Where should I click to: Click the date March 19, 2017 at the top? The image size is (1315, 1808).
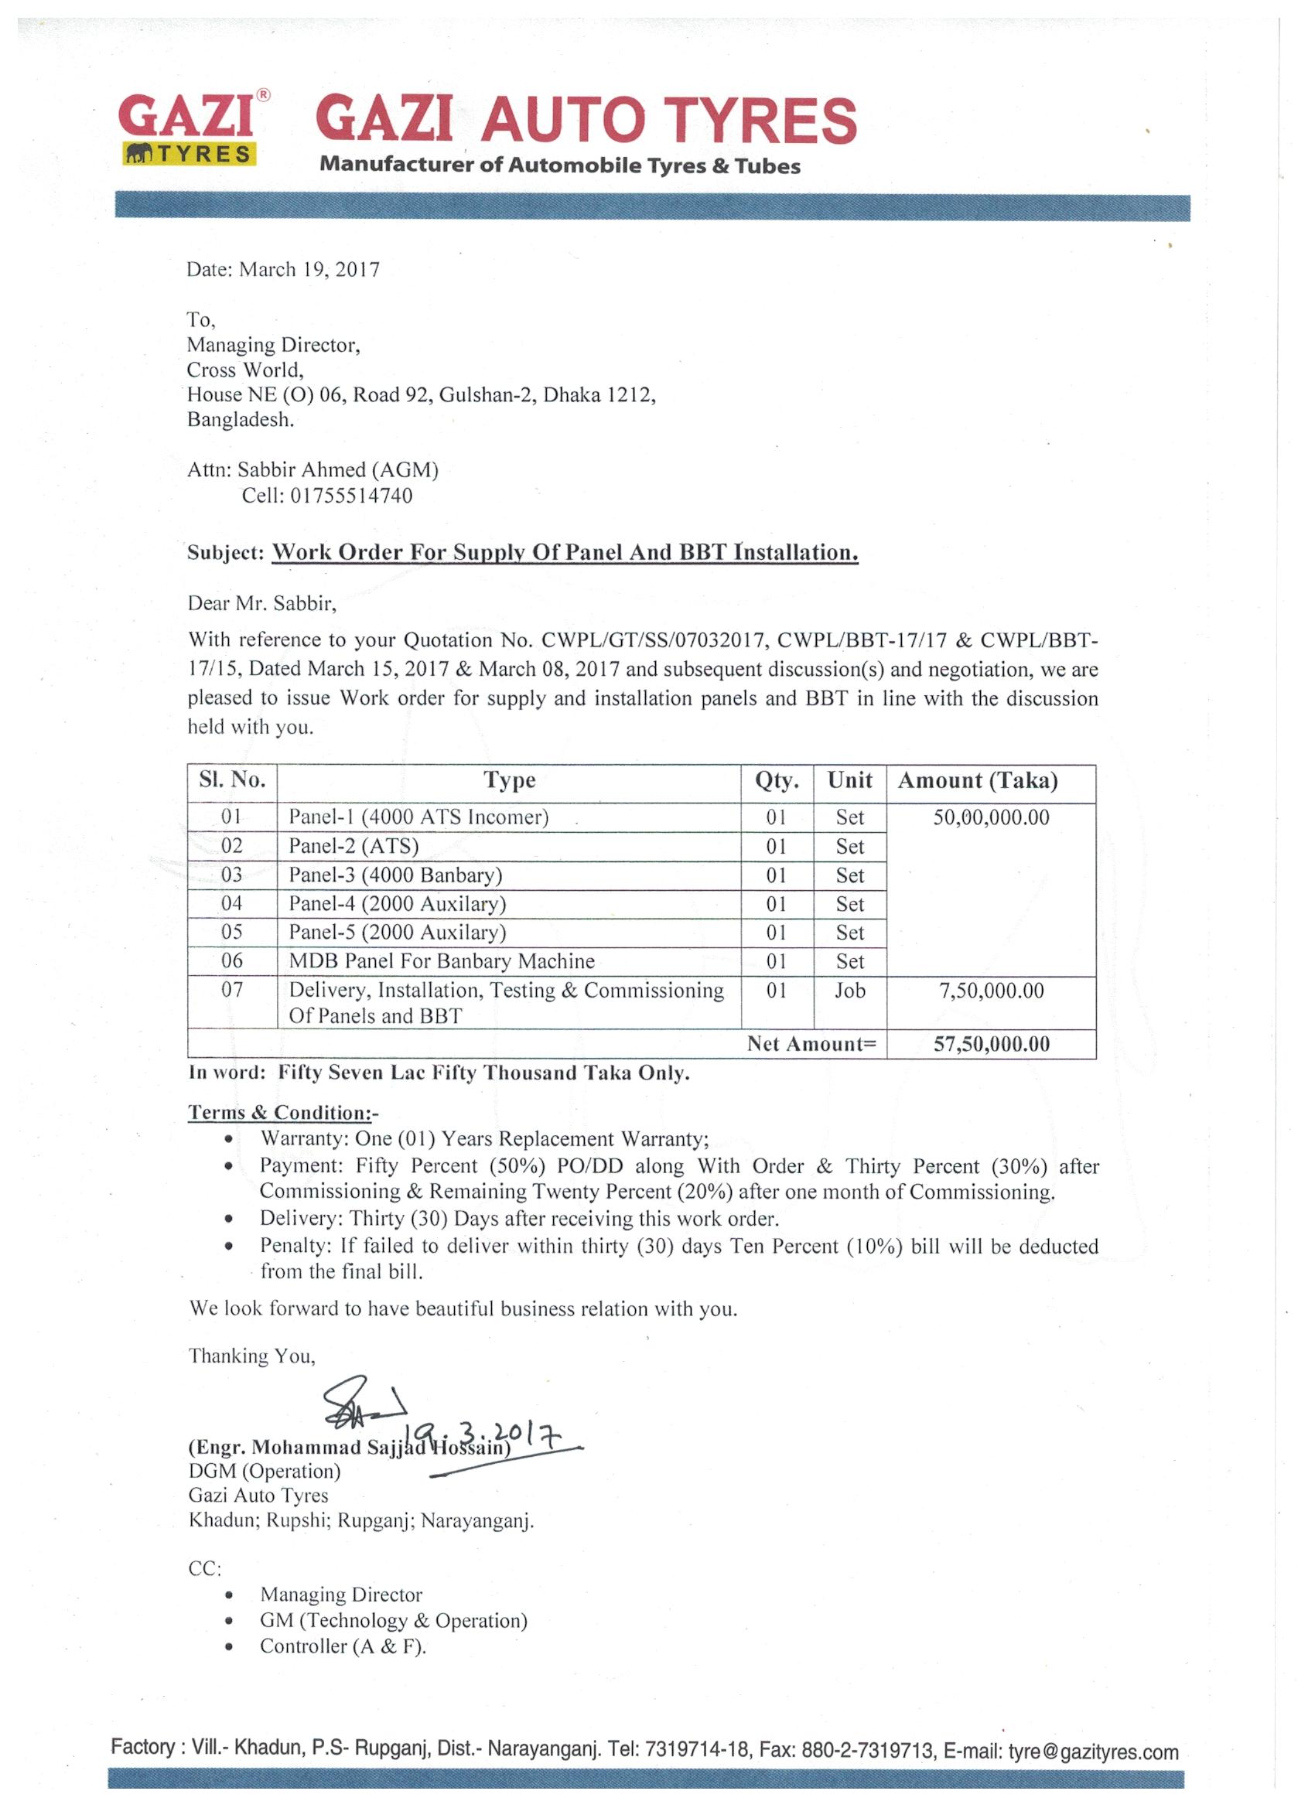pyautogui.click(x=283, y=269)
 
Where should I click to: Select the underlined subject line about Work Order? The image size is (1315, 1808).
pyautogui.click(x=565, y=552)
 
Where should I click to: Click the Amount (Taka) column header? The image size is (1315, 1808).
pyautogui.click(x=978, y=780)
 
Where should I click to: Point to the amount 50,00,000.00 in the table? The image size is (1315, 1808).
pyautogui.click(x=991, y=817)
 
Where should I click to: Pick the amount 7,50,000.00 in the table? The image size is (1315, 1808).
pyautogui.click(x=991, y=991)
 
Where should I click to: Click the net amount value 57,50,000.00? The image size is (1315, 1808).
pyautogui.click(x=991, y=1044)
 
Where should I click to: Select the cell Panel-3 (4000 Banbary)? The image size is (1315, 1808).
pyautogui.click(x=395, y=875)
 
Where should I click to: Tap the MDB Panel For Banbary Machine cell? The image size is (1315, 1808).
pyautogui.click(x=442, y=961)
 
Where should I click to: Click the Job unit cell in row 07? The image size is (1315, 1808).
pyautogui.click(x=849, y=991)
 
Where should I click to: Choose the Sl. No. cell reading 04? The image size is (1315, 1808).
pyautogui.click(x=231, y=903)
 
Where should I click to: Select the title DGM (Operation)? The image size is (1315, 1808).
pyautogui.click(x=265, y=1472)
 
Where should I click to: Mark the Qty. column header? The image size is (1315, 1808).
pyautogui.click(x=777, y=780)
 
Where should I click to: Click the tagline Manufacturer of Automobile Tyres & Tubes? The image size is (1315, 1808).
pyautogui.click(x=560, y=165)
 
